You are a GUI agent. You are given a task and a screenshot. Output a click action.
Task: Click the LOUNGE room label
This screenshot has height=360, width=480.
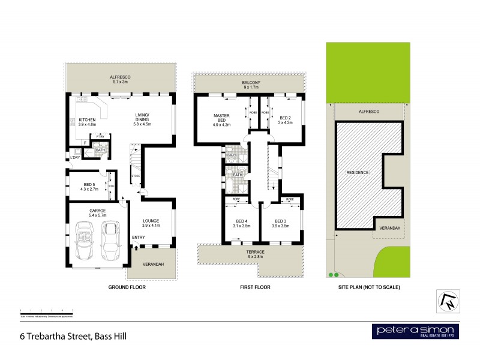tap(151, 223)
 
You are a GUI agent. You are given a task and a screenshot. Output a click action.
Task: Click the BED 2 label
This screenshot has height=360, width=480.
tap(284, 120)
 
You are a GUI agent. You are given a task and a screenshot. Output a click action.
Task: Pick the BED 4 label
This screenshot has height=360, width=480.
tap(241, 223)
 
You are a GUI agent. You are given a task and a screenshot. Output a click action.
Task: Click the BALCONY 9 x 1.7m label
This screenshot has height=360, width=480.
tap(250, 85)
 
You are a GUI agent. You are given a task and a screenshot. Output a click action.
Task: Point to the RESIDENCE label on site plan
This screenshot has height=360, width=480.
tap(358, 172)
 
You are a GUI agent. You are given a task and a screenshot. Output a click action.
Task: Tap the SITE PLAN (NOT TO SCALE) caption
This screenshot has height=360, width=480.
tap(367, 287)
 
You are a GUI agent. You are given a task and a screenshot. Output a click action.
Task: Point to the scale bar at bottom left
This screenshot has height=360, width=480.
tap(46, 311)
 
